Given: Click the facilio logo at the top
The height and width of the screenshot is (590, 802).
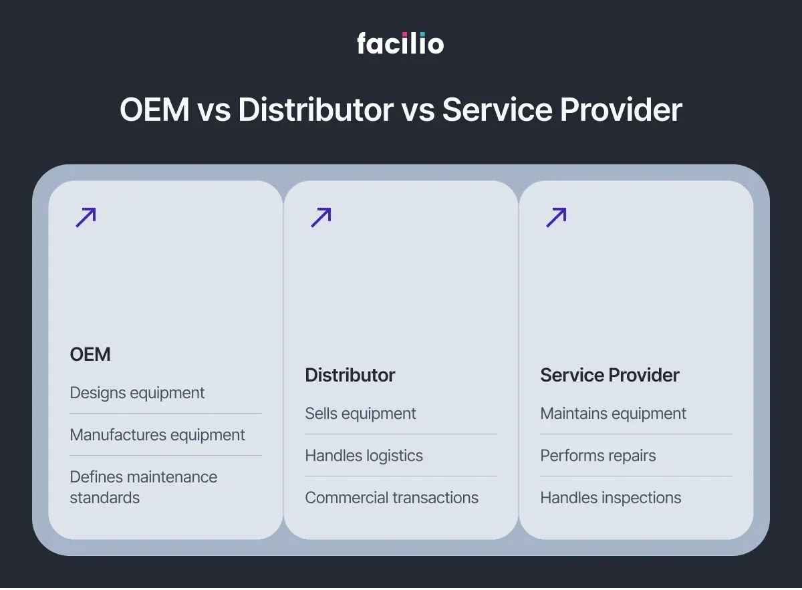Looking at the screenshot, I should [400, 44].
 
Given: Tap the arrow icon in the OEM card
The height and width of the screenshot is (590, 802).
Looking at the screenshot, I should [86, 217].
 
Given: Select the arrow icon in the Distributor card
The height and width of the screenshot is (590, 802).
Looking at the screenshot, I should [321, 217].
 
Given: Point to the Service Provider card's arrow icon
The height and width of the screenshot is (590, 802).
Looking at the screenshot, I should [556, 217].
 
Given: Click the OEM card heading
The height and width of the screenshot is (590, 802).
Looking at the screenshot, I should [90, 354].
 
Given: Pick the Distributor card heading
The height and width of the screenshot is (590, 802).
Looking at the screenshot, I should [350, 375].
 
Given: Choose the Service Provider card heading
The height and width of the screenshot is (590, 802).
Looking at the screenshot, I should [610, 375].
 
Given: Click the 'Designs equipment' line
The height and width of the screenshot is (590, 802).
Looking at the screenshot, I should [137, 393].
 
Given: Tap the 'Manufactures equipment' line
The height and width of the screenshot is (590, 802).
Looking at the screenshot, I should [157, 435].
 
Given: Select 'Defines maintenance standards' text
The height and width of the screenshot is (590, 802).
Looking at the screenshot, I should [143, 487].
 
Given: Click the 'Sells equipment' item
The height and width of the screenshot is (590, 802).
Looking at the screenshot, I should [360, 414].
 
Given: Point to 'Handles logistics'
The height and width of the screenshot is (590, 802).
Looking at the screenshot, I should [364, 456].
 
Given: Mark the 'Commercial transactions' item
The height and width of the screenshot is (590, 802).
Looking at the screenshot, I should [392, 498].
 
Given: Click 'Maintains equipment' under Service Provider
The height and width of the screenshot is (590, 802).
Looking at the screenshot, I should [613, 414].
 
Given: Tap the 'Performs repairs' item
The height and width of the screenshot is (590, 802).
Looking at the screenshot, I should [597, 456].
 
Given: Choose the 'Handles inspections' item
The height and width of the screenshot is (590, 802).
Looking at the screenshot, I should [610, 498].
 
